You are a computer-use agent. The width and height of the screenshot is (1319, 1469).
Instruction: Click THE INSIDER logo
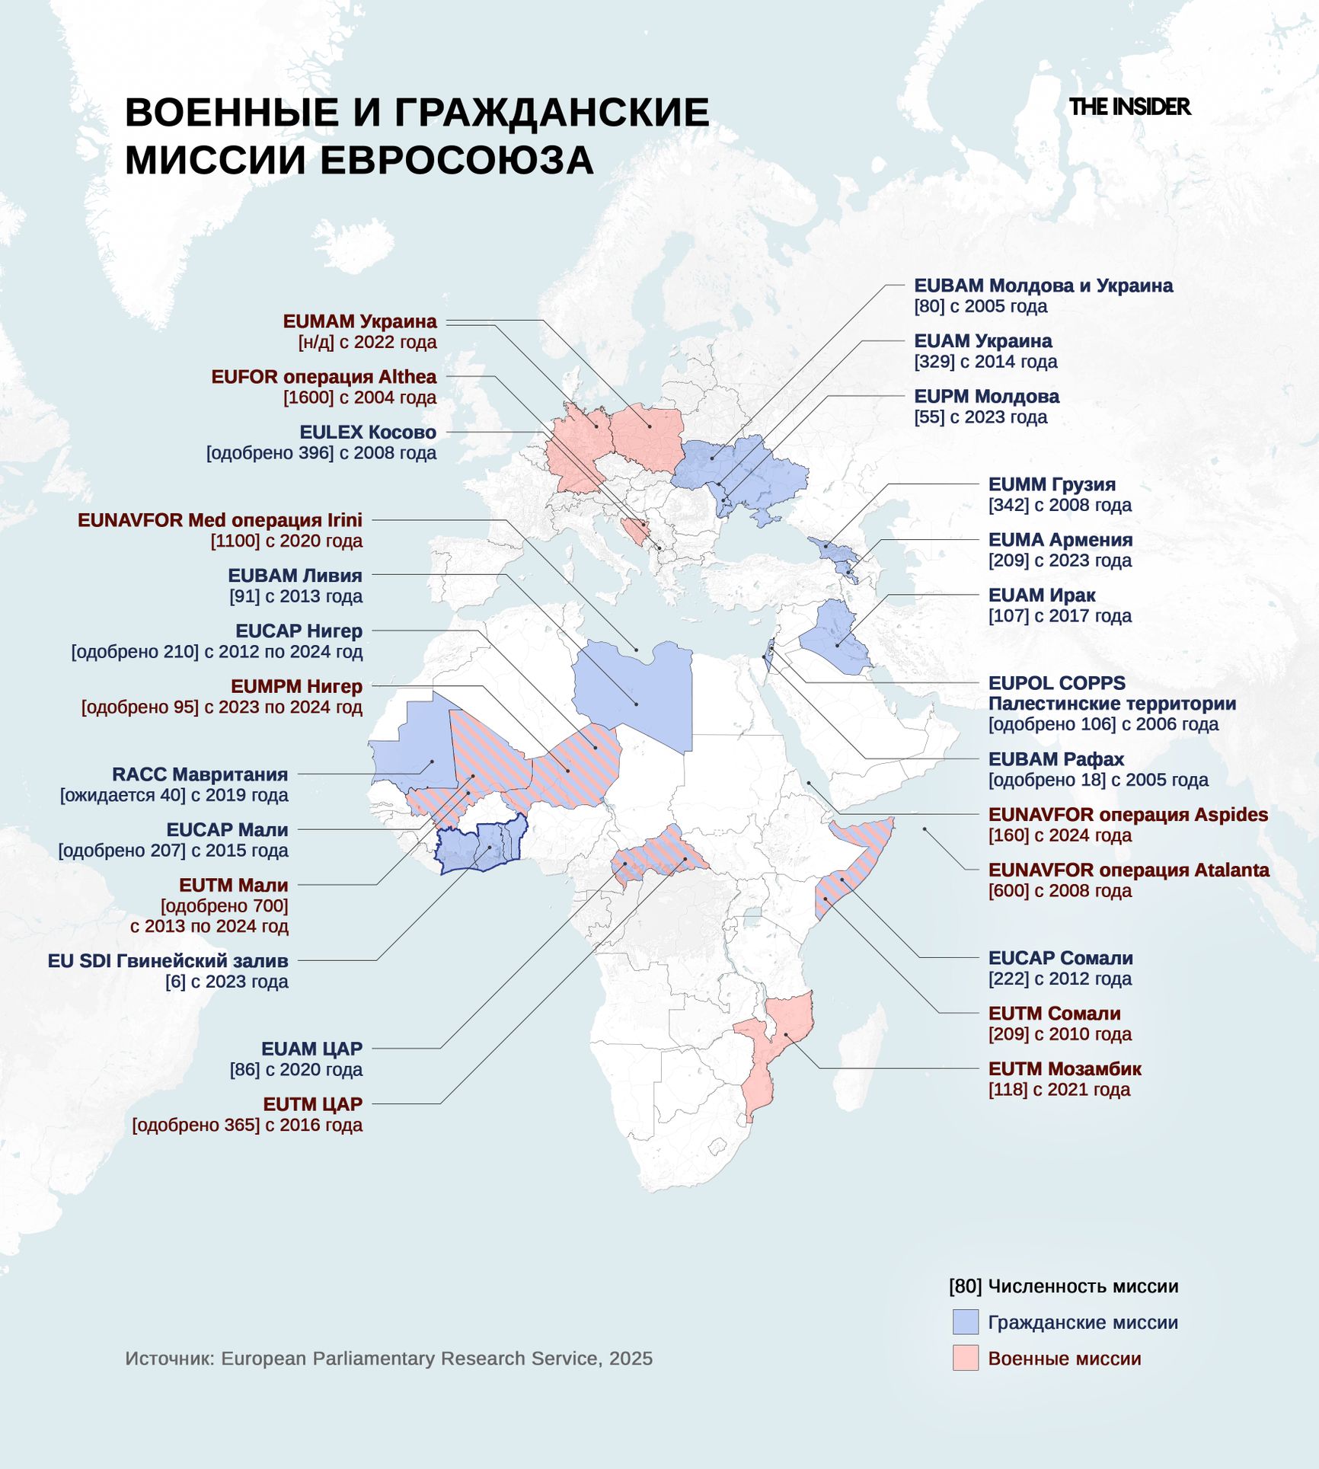(1129, 107)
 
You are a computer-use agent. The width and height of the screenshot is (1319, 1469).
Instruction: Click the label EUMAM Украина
(359, 321)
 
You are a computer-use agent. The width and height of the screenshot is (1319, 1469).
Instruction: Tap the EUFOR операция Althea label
(324, 377)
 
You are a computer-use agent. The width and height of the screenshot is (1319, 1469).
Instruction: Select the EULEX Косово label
(368, 433)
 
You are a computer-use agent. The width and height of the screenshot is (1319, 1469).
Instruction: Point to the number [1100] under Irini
(234, 541)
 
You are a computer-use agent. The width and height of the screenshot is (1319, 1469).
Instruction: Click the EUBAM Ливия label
(295, 576)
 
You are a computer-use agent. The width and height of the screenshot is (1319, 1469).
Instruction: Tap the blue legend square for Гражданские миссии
(965, 1322)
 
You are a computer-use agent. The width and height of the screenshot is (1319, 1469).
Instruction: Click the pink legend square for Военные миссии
(965, 1358)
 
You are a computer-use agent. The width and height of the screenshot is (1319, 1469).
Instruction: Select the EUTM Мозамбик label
(1064, 1069)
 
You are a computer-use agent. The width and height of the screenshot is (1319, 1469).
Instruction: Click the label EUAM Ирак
(1041, 596)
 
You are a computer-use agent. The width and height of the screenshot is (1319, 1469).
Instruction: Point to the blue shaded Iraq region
(835, 636)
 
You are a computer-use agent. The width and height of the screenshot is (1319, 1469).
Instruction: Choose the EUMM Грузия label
(1051, 485)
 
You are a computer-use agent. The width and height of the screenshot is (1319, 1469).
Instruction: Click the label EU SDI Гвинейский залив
(168, 961)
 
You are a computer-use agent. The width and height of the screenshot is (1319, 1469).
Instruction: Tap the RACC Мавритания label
(200, 774)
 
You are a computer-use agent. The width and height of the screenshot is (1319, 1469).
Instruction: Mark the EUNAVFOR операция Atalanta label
(1128, 870)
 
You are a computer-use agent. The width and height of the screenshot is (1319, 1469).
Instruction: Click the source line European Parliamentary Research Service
(388, 1359)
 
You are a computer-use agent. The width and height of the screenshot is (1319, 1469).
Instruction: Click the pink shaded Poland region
(647, 438)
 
